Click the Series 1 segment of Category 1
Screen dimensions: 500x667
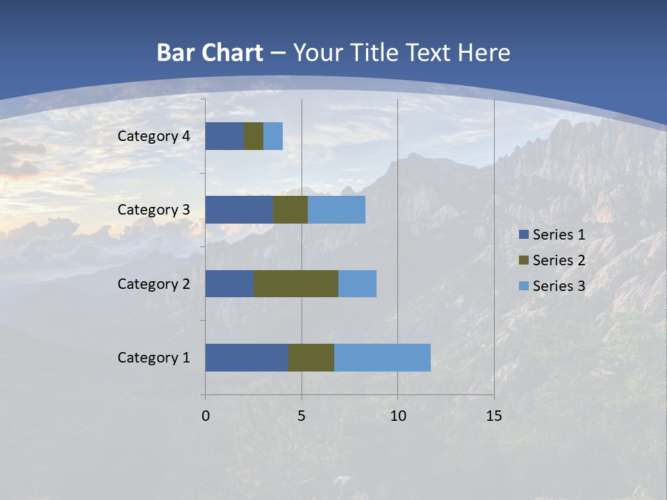(x=247, y=358)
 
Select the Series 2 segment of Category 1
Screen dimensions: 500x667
(x=311, y=358)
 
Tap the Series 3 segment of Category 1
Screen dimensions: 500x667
(x=382, y=358)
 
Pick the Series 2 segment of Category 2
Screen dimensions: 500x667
(x=296, y=283)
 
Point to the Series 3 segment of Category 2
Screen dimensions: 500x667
(x=357, y=283)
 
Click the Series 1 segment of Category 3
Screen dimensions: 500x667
(x=239, y=210)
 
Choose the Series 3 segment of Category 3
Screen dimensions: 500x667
(x=336, y=210)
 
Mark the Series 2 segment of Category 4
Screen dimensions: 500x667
(x=254, y=136)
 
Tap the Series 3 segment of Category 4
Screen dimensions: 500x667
(x=273, y=136)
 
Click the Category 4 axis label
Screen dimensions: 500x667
(x=154, y=136)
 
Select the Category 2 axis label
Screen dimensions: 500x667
(x=154, y=283)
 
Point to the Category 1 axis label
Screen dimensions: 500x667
(x=154, y=358)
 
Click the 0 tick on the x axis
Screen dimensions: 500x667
(x=206, y=416)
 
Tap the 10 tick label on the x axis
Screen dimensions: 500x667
(x=397, y=416)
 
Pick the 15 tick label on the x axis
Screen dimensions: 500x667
(x=494, y=416)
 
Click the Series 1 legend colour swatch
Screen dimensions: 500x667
(x=523, y=235)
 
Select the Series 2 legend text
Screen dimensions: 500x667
(x=559, y=260)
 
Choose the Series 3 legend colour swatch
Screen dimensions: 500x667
(x=523, y=285)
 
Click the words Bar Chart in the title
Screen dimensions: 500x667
(x=210, y=53)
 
